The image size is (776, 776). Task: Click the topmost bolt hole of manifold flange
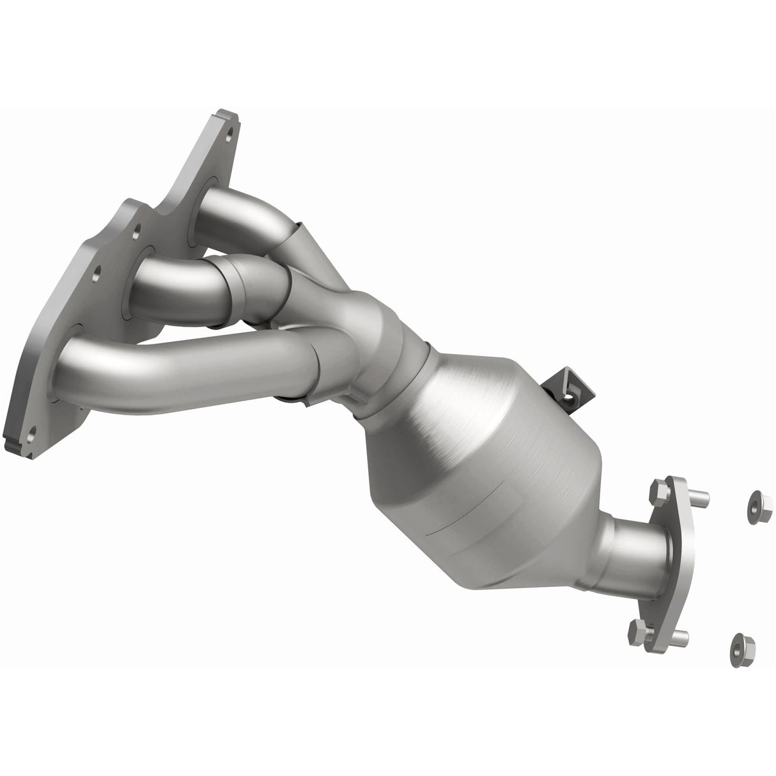point(228,134)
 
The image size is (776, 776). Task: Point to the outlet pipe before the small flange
point(633,540)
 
